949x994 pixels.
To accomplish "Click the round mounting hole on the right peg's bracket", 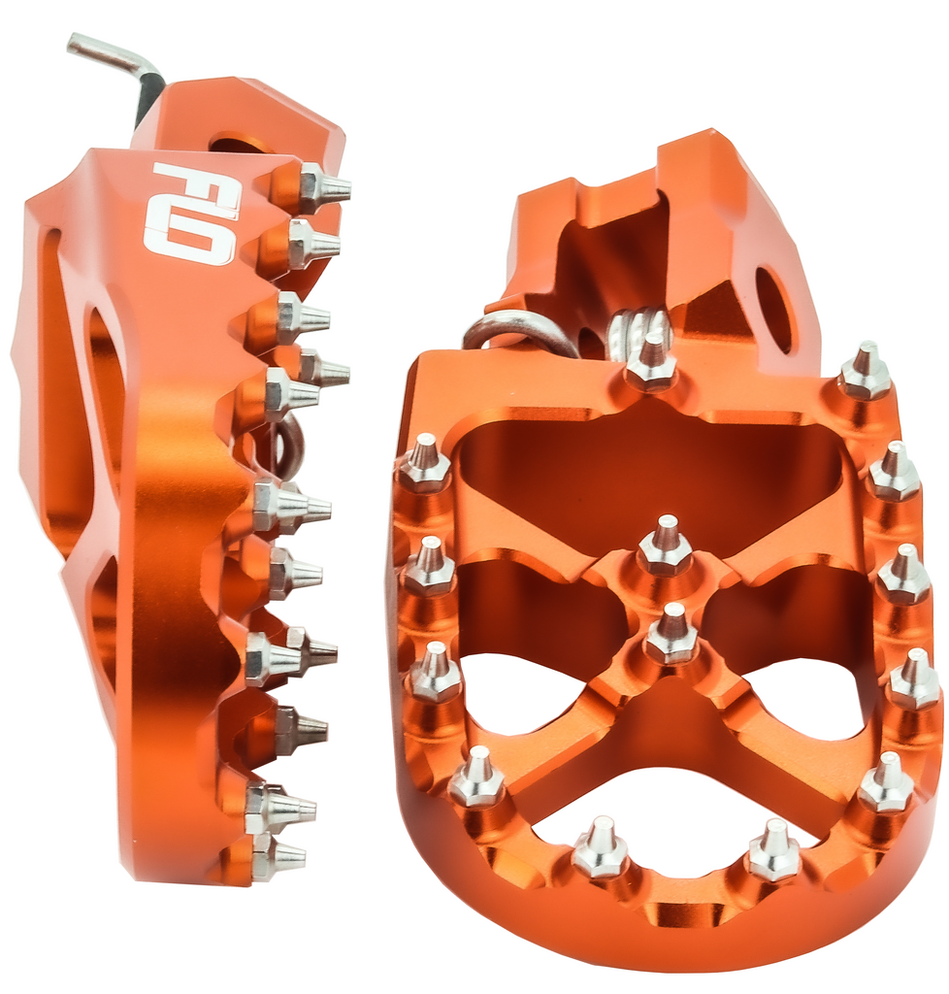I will [x=773, y=310].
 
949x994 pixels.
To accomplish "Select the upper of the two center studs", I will [x=665, y=547].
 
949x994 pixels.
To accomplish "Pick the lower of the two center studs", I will [x=671, y=636].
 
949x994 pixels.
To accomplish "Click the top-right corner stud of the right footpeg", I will [x=864, y=373].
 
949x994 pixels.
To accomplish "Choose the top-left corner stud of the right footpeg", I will [x=425, y=465].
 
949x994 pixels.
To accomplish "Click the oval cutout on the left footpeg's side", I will [x=106, y=379].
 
